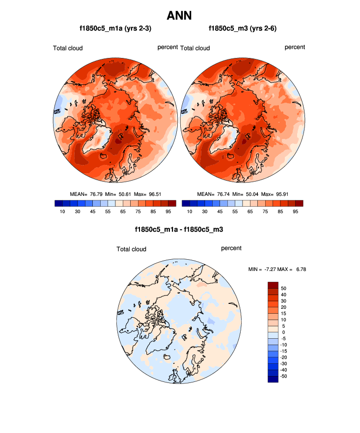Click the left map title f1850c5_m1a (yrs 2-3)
tap(115, 28)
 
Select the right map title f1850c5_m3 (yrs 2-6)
tap(243, 28)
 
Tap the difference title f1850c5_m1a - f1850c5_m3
tap(179, 229)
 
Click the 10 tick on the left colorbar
tap(62, 212)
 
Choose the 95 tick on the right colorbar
tap(296, 212)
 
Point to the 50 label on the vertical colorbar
tap(283, 288)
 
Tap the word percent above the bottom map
tap(231, 248)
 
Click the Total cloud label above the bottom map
tap(132, 249)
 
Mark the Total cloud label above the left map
tap(68, 48)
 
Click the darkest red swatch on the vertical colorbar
tap(273, 285)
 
